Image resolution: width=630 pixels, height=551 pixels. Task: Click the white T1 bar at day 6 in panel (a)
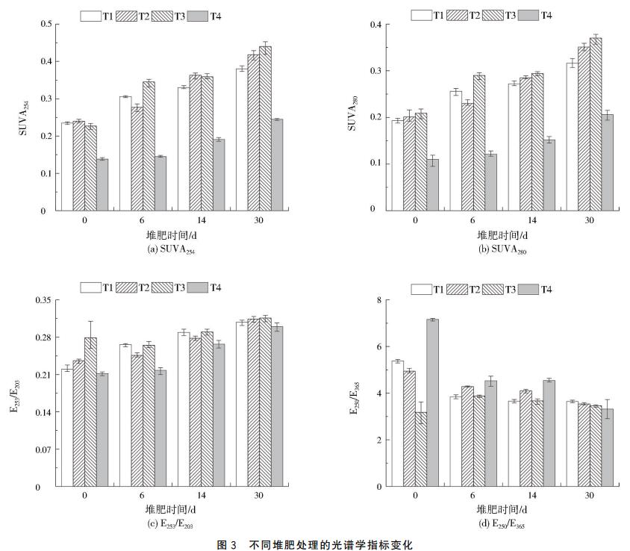[x=125, y=154]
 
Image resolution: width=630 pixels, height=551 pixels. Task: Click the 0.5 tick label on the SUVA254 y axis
[x=44, y=24]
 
